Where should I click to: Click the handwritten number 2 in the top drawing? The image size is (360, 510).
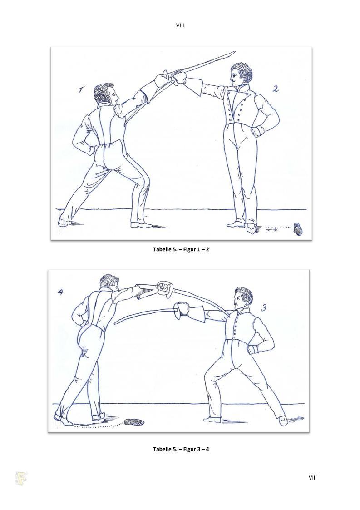point(276,89)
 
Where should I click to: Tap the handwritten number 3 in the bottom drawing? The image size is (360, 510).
point(264,307)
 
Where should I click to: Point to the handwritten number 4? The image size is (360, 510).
point(60,292)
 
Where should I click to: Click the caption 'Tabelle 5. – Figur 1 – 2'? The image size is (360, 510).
point(179,249)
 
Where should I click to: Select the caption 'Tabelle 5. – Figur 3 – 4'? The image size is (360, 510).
point(181,449)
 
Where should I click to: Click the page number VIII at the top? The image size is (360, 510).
point(180,25)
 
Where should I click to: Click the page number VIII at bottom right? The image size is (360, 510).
point(312,478)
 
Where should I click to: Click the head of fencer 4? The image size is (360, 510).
point(109,282)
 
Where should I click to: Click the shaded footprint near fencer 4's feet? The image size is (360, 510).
point(134,422)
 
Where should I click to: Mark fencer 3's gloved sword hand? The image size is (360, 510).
point(182,309)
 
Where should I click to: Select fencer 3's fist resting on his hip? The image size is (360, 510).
point(253,350)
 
